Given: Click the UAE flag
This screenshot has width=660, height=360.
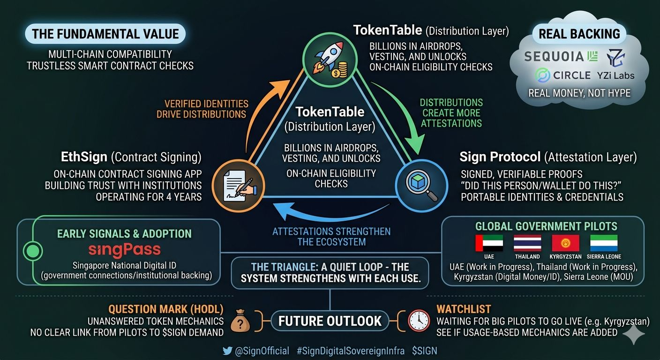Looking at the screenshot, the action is tap(489, 243).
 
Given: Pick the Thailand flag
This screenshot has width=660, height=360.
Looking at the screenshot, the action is tap(527, 243).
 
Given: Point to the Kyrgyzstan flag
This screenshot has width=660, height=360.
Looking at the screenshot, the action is tap(565, 243).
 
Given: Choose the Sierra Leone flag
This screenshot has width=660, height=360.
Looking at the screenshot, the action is tap(604, 243).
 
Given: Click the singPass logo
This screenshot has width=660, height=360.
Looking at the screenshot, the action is tap(124, 249).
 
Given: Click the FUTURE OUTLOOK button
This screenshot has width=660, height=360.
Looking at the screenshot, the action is tap(330, 321).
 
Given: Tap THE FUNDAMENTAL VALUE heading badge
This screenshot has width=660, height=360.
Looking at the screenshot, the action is tap(105, 34).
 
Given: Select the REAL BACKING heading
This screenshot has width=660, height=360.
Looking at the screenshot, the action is tap(579, 34).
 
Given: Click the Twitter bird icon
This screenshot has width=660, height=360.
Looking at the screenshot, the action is tap(228, 351).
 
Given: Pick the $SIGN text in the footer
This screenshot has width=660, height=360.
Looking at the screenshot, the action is tap(424, 351).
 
